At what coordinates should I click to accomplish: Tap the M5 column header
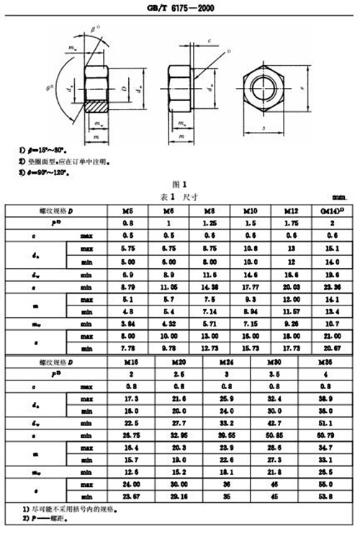click(129, 212)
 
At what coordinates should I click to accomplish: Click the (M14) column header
click(330, 212)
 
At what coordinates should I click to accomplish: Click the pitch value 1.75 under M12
click(291, 224)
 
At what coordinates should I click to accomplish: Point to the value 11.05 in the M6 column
click(168, 286)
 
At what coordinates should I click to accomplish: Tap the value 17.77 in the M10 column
click(249, 286)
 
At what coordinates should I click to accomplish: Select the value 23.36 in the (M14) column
click(330, 286)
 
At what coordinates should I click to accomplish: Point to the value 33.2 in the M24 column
click(216, 422)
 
